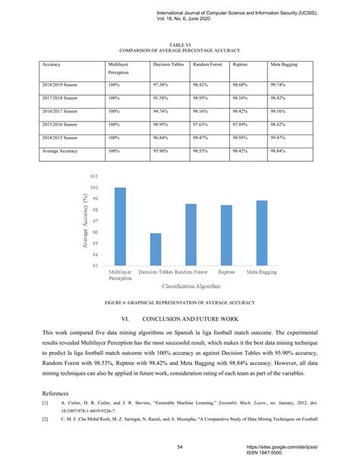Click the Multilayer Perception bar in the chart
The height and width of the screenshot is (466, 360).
click(120, 227)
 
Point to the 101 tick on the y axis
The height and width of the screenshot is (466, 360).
click(94, 177)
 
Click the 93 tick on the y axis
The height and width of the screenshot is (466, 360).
click(95, 266)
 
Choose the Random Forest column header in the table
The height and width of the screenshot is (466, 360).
click(206, 66)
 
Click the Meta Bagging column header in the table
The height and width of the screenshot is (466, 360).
click(284, 66)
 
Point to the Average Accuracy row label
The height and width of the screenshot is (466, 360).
click(61, 151)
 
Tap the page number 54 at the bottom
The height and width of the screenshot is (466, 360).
click(179, 446)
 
